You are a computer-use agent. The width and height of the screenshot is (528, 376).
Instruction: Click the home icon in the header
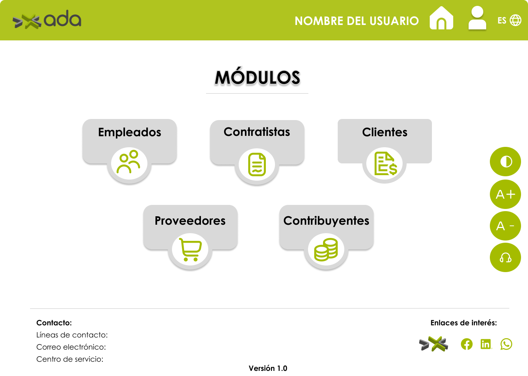click(441, 18)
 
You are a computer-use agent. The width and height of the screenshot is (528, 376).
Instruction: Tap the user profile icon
click(477, 18)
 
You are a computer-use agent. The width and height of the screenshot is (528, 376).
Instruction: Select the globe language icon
click(516, 20)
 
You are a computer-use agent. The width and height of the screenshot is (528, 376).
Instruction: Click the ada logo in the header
click(47, 19)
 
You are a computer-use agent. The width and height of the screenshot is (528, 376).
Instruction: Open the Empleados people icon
click(129, 162)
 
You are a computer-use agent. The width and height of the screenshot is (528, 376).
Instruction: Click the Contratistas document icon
click(257, 164)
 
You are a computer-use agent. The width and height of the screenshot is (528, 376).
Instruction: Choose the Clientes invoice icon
click(386, 163)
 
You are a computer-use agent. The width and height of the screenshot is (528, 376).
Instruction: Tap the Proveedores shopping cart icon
click(190, 250)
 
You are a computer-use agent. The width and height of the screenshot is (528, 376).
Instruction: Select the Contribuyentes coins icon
click(326, 249)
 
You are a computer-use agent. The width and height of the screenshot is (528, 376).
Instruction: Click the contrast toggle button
click(505, 162)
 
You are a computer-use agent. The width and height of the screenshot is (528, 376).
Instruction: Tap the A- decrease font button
click(505, 226)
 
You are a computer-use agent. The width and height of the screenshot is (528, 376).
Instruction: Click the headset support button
click(505, 257)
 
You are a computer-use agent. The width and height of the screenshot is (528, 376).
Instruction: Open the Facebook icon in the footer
click(467, 344)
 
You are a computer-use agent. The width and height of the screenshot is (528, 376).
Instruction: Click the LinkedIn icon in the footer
click(486, 344)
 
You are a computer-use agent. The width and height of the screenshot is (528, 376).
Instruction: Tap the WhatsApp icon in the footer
click(506, 344)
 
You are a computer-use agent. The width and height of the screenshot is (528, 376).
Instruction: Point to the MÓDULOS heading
click(257, 77)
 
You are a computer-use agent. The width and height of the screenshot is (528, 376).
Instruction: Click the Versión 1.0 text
click(268, 368)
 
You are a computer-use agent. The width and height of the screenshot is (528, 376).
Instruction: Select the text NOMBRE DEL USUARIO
click(357, 21)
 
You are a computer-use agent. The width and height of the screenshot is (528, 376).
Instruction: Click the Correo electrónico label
click(71, 347)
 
